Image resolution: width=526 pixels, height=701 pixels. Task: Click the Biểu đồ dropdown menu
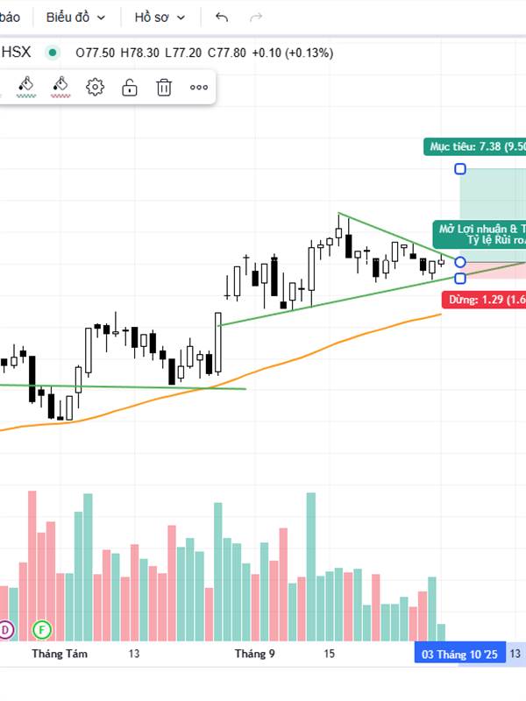(75, 17)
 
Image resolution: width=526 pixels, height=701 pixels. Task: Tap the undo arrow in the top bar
(222, 17)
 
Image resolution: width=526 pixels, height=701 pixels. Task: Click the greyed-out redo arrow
(256, 17)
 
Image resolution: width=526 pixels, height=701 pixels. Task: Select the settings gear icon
(95, 87)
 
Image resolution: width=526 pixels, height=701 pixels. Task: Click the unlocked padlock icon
(130, 87)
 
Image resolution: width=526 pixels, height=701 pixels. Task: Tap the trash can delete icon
(164, 87)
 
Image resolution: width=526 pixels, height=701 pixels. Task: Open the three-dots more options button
(199, 87)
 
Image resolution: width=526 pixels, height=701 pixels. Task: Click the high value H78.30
(139, 53)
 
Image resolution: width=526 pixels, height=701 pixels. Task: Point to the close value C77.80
(227, 53)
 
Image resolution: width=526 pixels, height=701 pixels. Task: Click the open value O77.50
(95, 53)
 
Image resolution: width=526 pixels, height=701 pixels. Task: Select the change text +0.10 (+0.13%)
(293, 53)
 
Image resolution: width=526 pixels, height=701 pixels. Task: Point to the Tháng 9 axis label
(255, 654)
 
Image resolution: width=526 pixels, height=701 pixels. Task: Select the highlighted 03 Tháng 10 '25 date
(459, 654)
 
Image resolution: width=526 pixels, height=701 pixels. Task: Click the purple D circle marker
(5, 629)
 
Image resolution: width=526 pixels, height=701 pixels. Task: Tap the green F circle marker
(40, 629)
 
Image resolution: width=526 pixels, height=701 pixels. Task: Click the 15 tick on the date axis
(330, 654)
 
